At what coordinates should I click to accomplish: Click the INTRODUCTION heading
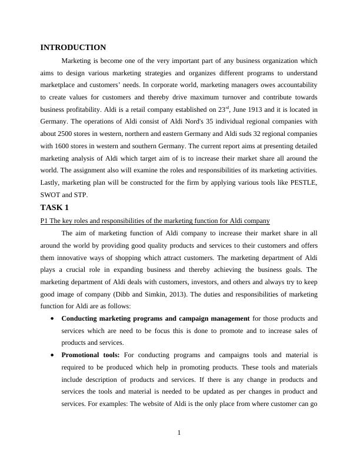pos(73,48)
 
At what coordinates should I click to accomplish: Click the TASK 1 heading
pos(55,208)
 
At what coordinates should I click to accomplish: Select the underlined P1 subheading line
pos(155,221)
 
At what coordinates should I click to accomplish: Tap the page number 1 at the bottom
pos(179,434)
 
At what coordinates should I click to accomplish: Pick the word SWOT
pos(51,195)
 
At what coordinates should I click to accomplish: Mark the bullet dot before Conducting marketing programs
pos(54,318)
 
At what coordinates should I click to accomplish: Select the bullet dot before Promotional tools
pos(54,355)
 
